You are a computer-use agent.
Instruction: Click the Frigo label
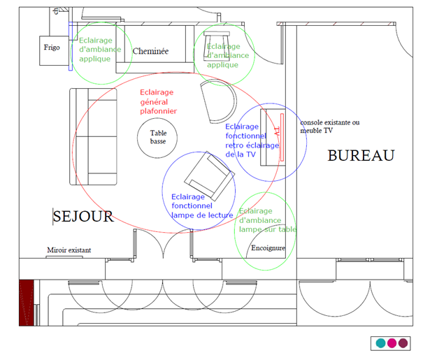click(52, 48)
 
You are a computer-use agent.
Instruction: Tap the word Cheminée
click(150, 51)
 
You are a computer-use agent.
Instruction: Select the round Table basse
click(157, 138)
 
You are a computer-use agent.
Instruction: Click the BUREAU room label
click(361, 156)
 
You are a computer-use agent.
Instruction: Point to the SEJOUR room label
click(83, 217)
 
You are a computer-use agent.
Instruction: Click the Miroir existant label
click(69, 250)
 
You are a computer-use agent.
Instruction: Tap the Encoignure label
click(268, 248)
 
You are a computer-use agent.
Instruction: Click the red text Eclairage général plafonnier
click(158, 101)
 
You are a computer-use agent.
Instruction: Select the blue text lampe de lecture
click(202, 215)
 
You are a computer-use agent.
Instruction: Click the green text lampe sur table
click(268, 229)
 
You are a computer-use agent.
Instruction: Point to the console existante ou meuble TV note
click(329, 127)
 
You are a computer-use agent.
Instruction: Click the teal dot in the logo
click(380, 343)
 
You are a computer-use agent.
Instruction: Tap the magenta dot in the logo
click(392, 343)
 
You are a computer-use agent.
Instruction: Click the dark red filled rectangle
click(27, 303)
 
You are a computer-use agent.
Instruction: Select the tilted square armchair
click(210, 176)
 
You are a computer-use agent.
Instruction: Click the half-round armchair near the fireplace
click(219, 101)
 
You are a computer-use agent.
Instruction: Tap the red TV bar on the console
click(282, 138)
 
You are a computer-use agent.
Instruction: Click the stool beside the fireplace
click(217, 46)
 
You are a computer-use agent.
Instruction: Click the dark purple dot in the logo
click(403, 343)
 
